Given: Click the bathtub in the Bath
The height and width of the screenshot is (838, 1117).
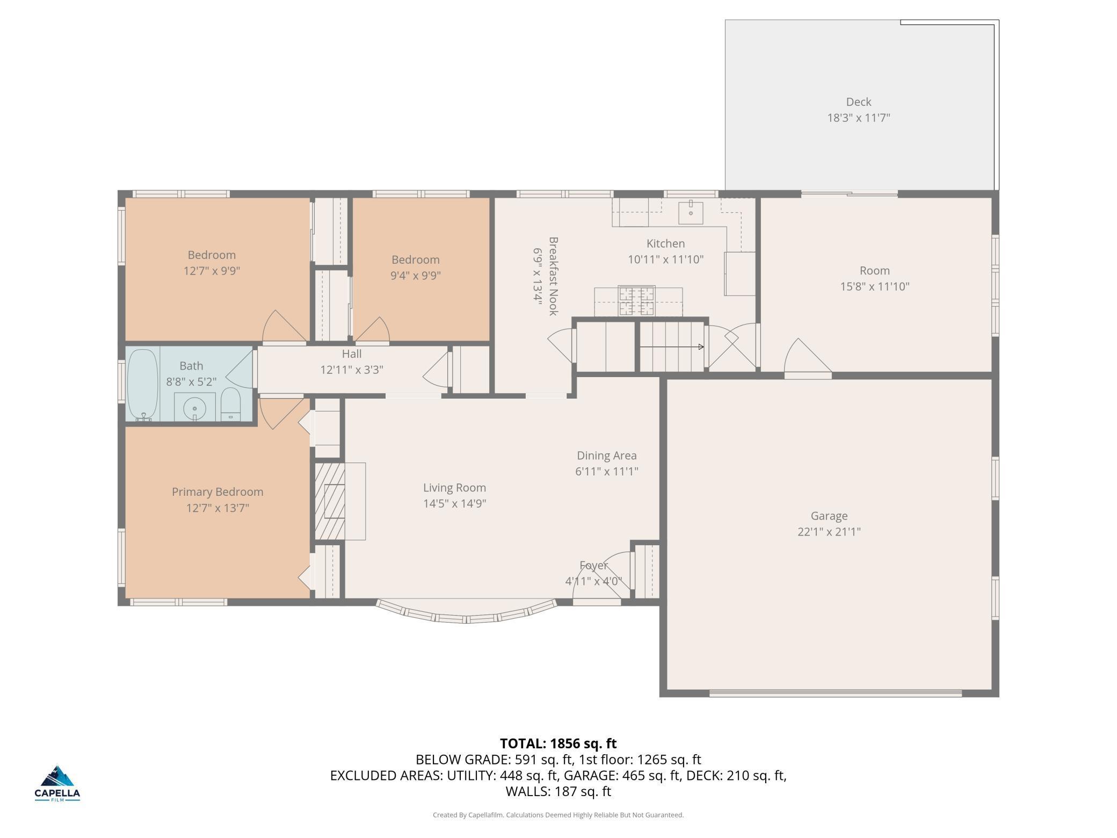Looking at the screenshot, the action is pos(143,385).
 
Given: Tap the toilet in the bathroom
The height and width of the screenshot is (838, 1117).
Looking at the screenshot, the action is pos(231,404).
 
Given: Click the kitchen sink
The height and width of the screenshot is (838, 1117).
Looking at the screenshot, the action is pos(691,212).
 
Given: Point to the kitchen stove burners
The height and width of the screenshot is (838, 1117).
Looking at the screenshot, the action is pos(636,301).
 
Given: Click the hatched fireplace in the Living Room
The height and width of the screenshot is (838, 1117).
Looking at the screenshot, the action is pos(329,501).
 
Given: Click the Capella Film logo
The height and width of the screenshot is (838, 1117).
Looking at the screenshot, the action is pos(57,783).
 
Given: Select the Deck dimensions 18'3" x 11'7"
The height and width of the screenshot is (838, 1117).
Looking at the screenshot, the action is pos(859,118).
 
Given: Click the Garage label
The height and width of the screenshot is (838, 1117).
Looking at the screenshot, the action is pos(829,516).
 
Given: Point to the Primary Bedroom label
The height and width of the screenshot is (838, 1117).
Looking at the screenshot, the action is pos(217,492).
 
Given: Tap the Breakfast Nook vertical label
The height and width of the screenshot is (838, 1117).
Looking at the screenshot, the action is pos(554,276).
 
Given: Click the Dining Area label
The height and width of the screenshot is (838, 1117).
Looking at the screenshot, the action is pos(607,456).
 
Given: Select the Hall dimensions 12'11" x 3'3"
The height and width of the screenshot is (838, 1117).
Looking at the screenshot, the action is pos(352,370).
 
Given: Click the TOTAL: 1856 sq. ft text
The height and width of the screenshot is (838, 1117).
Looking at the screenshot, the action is pos(558,743).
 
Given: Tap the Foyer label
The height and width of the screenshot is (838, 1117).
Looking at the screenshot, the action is pos(593,565).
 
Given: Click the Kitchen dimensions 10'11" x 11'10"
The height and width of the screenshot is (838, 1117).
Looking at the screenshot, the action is pos(666,259).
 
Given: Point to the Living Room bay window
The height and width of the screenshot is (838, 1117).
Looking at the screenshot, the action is pos(466,611).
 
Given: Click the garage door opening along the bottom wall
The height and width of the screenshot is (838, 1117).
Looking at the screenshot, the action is pos(836,693).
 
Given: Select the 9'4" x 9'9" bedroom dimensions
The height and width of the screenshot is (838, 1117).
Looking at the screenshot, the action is pos(416,276).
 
